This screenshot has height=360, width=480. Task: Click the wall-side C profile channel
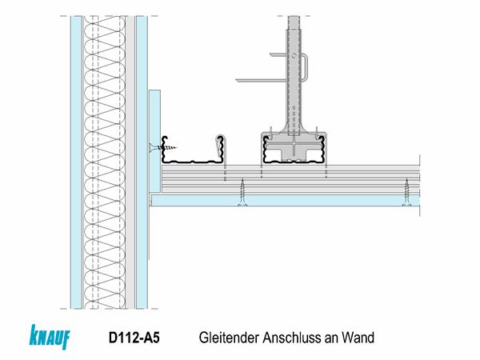pos(192,152)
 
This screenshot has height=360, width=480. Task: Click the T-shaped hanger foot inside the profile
pos(295,148)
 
